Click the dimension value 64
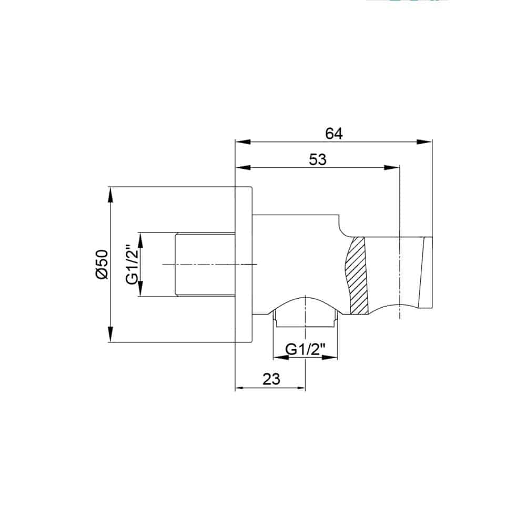(x=334, y=134)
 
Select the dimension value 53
(x=317, y=159)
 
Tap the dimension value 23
(x=271, y=379)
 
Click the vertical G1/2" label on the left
(x=132, y=265)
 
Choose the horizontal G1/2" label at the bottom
(x=305, y=350)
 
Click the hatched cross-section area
(x=358, y=276)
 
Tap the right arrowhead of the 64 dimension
(x=424, y=142)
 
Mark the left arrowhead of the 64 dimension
(x=243, y=142)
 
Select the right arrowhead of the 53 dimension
(x=392, y=168)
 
